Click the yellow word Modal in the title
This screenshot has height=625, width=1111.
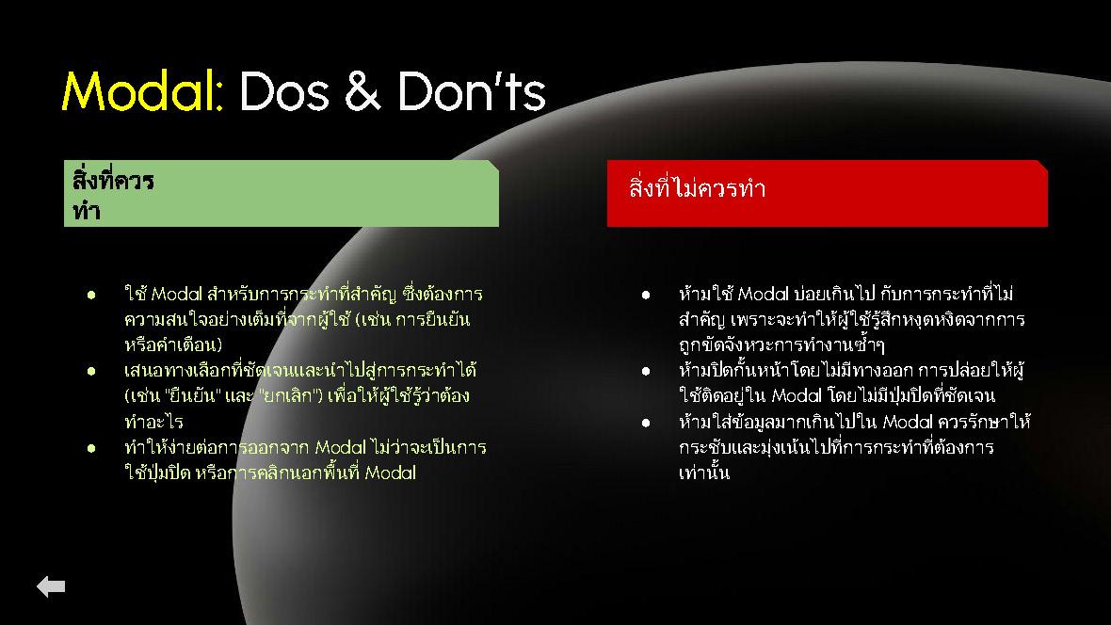[143, 90]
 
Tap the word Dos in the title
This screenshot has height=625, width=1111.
[284, 90]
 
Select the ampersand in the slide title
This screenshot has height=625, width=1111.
[362, 90]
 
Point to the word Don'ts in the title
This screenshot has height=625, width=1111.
[471, 90]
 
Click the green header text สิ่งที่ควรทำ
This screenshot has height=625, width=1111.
[113, 194]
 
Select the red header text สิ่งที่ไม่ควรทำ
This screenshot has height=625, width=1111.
[698, 188]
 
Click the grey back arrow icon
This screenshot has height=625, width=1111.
[51, 586]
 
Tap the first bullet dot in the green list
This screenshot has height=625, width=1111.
[91, 294]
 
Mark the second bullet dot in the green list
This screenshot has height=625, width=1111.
[91, 371]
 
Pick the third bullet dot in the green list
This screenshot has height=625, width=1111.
[91, 448]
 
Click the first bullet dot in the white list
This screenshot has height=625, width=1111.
[646, 294]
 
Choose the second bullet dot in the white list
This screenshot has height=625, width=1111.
[646, 371]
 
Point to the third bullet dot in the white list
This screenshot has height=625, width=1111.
[646, 423]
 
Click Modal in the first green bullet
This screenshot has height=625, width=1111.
[177, 294]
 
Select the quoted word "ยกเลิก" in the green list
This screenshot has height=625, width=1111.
[287, 395]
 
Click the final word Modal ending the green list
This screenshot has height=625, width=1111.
[391, 473]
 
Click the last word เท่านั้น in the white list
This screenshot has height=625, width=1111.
[703, 472]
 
